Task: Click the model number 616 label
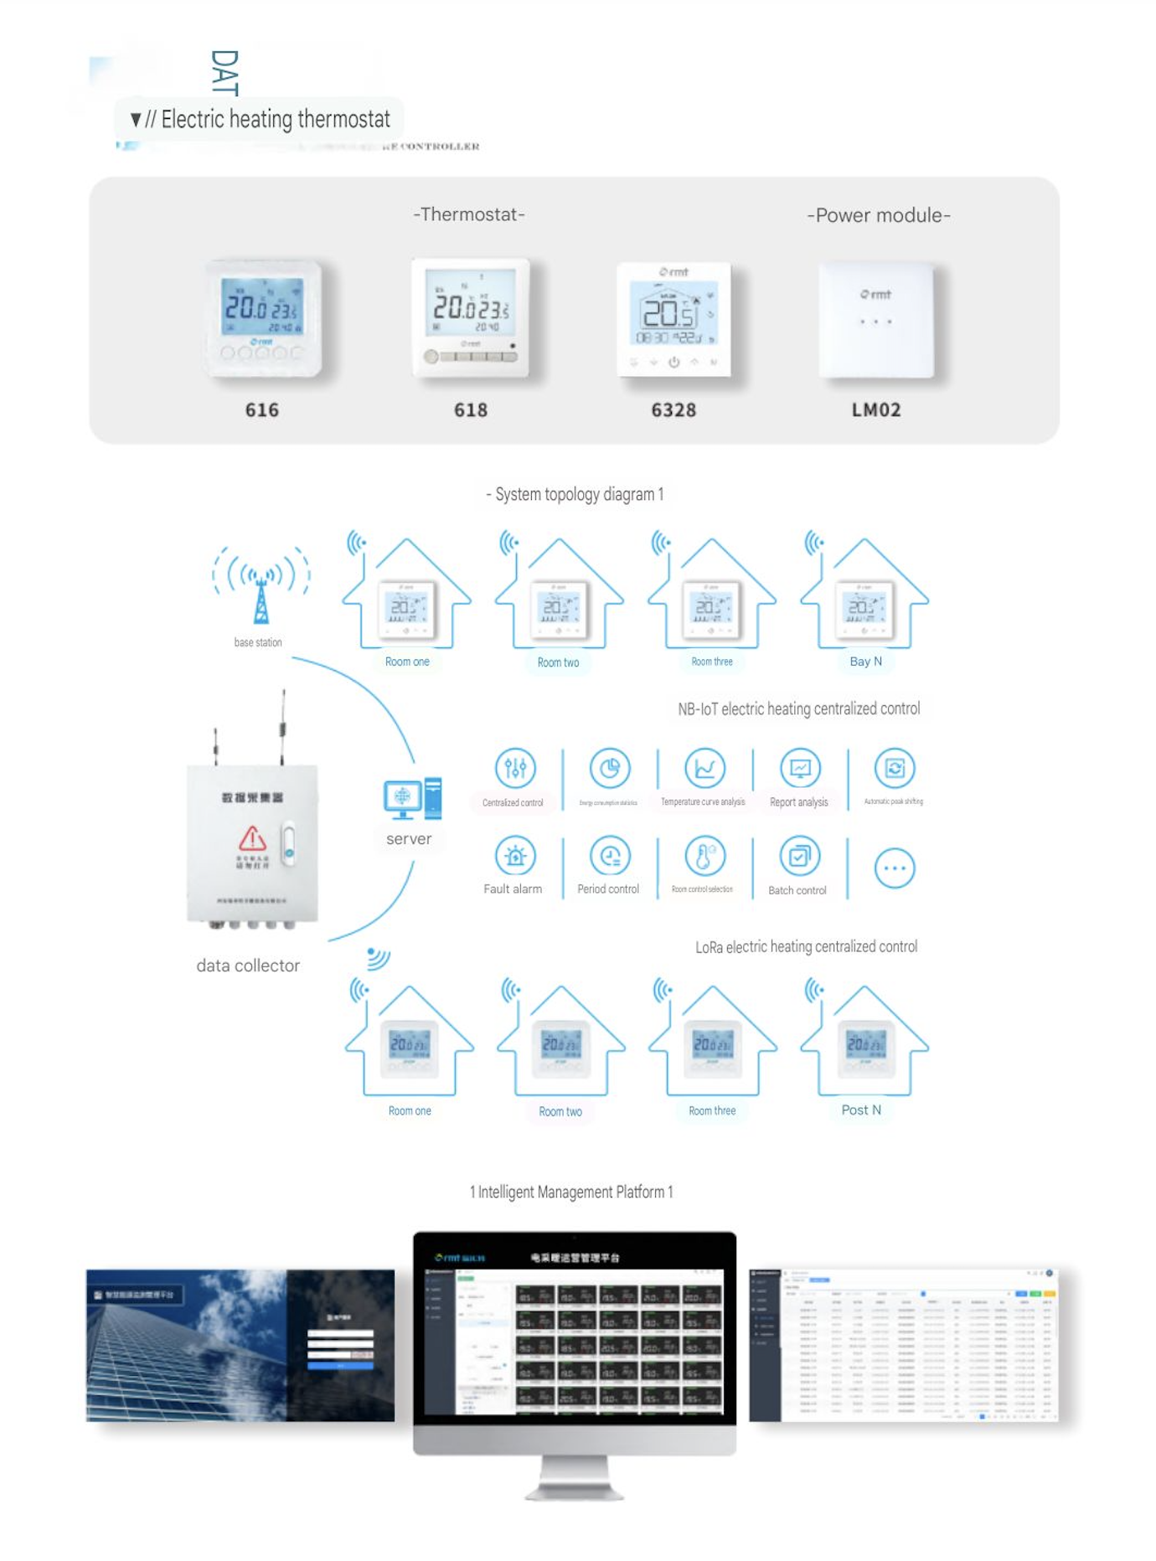tap(261, 410)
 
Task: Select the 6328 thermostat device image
tap(673, 319)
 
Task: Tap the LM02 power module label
tap(876, 410)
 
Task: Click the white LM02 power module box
tap(876, 320)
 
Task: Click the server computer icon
tap(411, 798)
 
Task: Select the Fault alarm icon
tap(515, 856)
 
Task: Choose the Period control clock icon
tap(610, 856)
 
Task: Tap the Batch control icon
tap(799, 856)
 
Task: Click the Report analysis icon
tap(800, 768)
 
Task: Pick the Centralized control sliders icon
tap(515, 768)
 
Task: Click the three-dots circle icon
tap(895, 868)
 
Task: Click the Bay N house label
tap(865, 662)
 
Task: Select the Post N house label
tap(861, 1110)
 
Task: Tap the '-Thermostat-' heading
tap(469, 214)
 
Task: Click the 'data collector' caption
tap(248, 966)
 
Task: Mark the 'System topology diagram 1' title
tap(575, 494)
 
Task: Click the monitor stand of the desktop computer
tap(575, 1480)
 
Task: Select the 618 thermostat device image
tap(471, 318)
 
